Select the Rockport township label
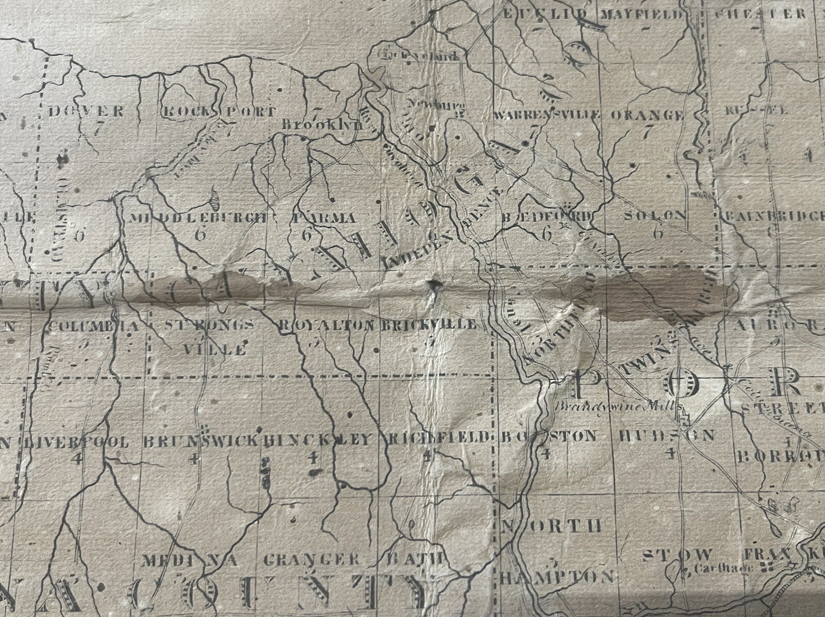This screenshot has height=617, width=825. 219,112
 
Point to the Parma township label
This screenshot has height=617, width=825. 323,218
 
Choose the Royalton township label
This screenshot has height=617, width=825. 325,325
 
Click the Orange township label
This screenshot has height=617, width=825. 647,115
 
